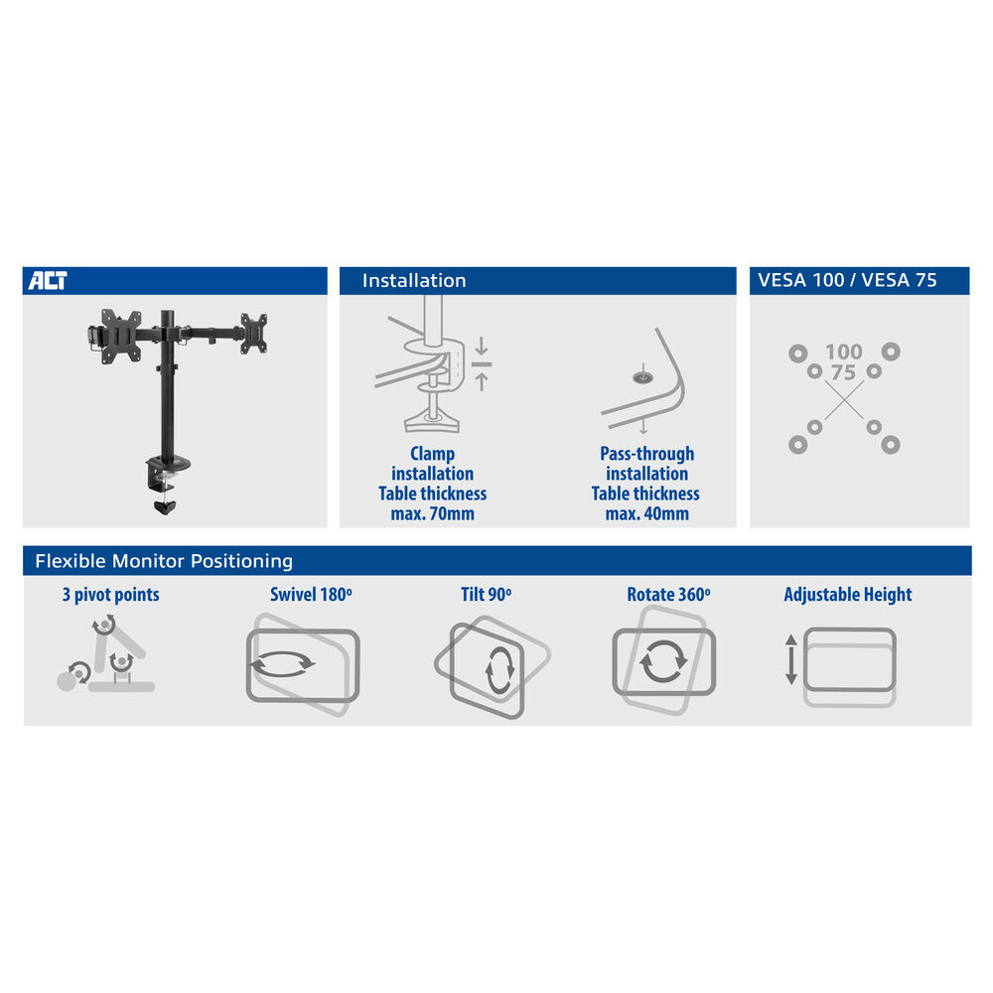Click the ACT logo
(48, 281)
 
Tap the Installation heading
(414, 281)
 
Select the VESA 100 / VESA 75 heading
(847, 280)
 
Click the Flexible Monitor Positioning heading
(164, 561)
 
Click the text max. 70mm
(433, 513)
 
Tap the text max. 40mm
(646, 513)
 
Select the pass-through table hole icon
(642, 377)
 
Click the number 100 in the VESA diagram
(843, 352)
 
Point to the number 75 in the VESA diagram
(843, 372)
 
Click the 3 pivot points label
(111, 595)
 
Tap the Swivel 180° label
(311, 595)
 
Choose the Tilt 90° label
(486, 595)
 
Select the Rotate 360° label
(668, 595)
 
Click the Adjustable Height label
(848, 595)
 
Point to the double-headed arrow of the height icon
(791, 659)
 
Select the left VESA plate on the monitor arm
(120, 336)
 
